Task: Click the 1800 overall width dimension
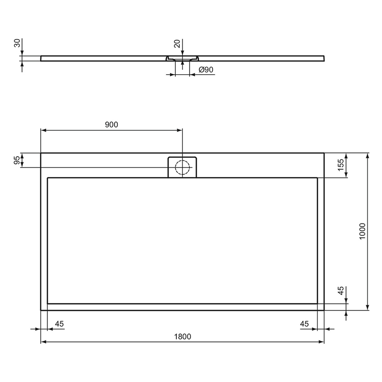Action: [x=182, y=336]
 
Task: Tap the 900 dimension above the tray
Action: [x=111, y=124]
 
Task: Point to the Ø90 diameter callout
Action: [x=205, y=70]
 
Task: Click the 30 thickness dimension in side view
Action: [x=17, y=43]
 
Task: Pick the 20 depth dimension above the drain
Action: [x=177, y=44]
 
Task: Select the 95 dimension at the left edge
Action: [x=17, y=160]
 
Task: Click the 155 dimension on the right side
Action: [x=341, y=164]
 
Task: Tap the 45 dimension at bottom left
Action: [x=59, y=324]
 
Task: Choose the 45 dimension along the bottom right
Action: [x=305, y=324]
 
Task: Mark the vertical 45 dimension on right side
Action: [x=341, y=291]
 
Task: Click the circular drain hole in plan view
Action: [x=182, y=167]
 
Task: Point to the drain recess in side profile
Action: [x=182, y=59]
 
